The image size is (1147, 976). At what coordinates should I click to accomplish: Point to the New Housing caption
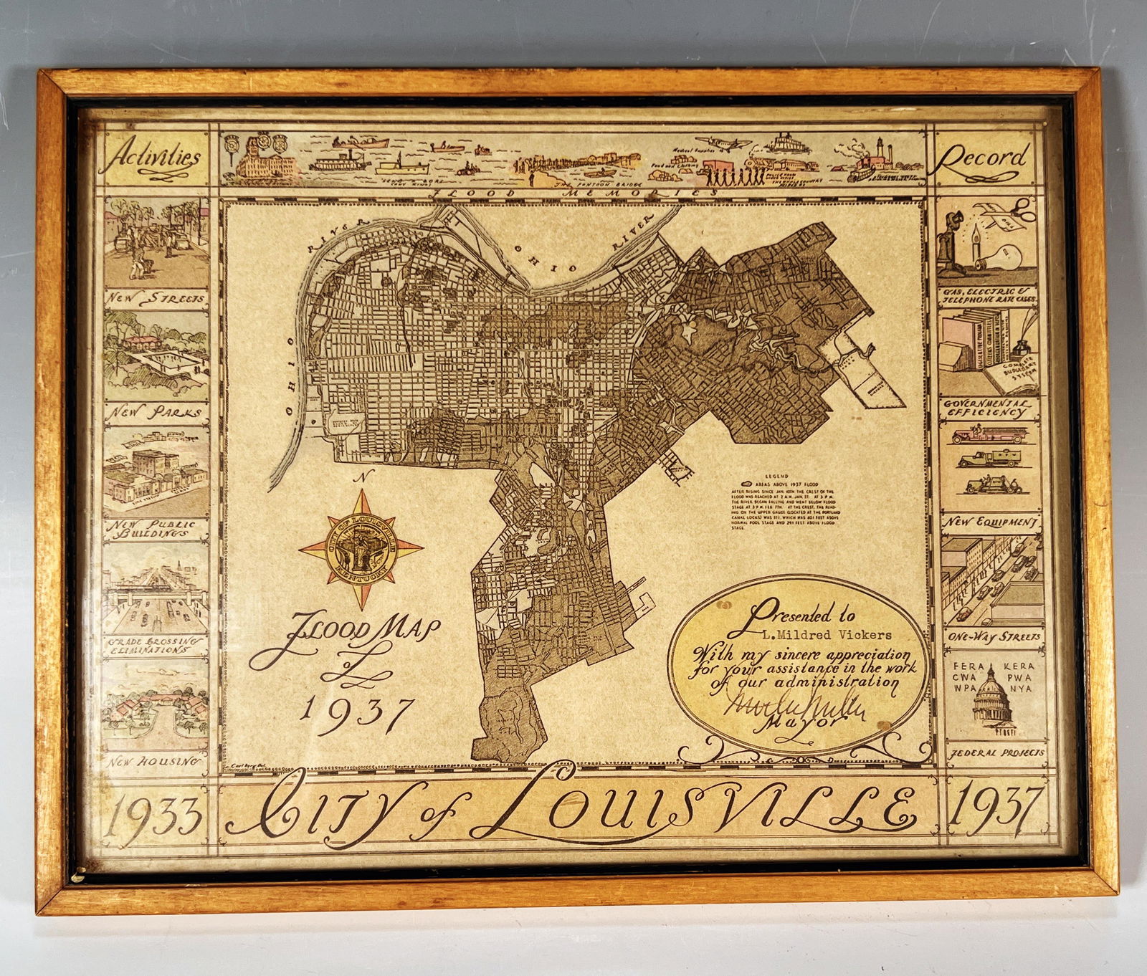pos(153,762)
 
